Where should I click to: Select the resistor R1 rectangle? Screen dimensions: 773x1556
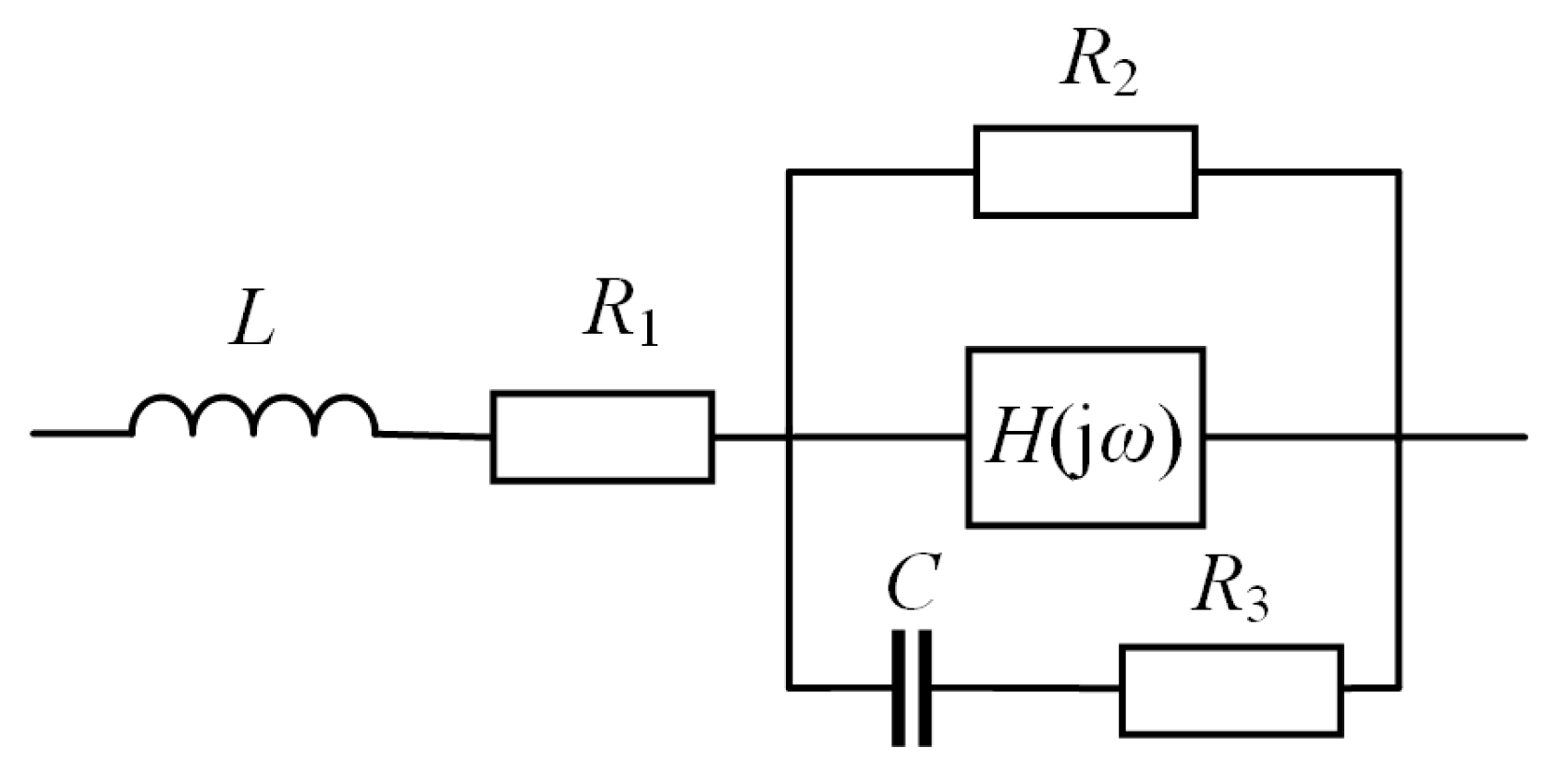[602, 436]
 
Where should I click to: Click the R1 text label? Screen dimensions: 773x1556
[620, 316]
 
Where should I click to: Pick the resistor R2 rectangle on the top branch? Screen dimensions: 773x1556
[1084, 173]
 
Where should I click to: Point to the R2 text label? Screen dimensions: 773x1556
[1097, 66]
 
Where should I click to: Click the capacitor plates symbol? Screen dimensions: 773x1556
[912, 687]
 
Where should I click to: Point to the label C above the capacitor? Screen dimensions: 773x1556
[912, 583]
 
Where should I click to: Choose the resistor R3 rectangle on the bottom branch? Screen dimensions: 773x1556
[1231, 690]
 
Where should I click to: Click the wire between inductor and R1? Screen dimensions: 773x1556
[433, 435]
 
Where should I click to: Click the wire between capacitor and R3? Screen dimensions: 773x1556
[1022, 688]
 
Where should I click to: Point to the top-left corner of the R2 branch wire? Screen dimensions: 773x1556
[789, 173]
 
